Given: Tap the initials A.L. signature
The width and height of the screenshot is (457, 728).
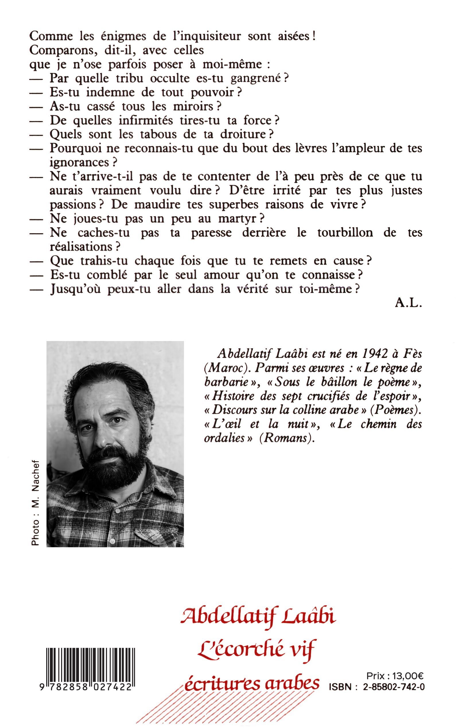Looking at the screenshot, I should pyautogui.click(x=408, y=303).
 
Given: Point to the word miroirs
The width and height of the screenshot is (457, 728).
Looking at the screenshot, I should pyautogui.click(x=193, y=106).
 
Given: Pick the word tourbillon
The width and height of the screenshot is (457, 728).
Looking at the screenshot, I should pyautogui.click(x=345, y=232).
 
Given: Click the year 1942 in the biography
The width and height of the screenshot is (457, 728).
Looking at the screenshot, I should pyautogui.click(x=375, y=353).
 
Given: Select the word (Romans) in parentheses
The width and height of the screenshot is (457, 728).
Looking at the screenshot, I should pyautogui.click(x=287, y=438).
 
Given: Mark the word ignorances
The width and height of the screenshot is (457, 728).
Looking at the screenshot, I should pyautogui.click(x=79, y=163).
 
